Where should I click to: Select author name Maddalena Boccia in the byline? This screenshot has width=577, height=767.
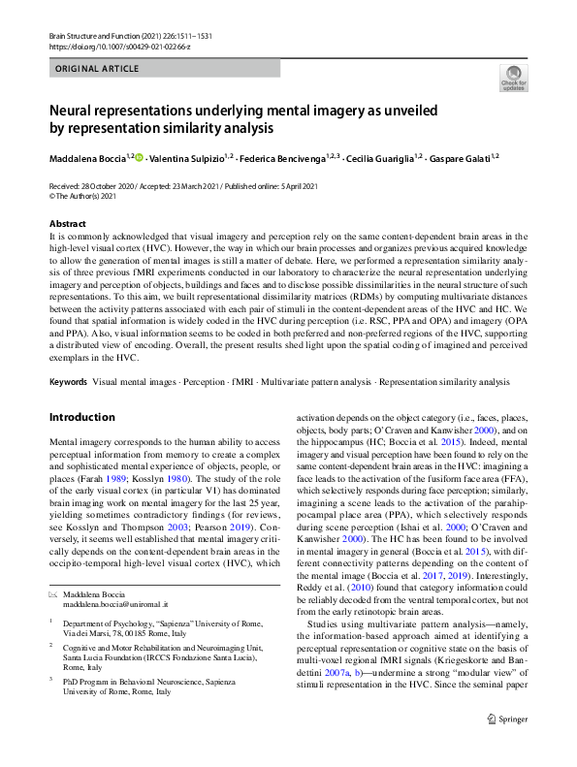[89, 158]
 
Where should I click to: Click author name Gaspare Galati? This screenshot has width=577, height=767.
[459, 158]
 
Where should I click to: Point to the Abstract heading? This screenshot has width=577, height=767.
[66, 223]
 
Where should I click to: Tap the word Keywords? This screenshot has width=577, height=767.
[68, 383]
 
